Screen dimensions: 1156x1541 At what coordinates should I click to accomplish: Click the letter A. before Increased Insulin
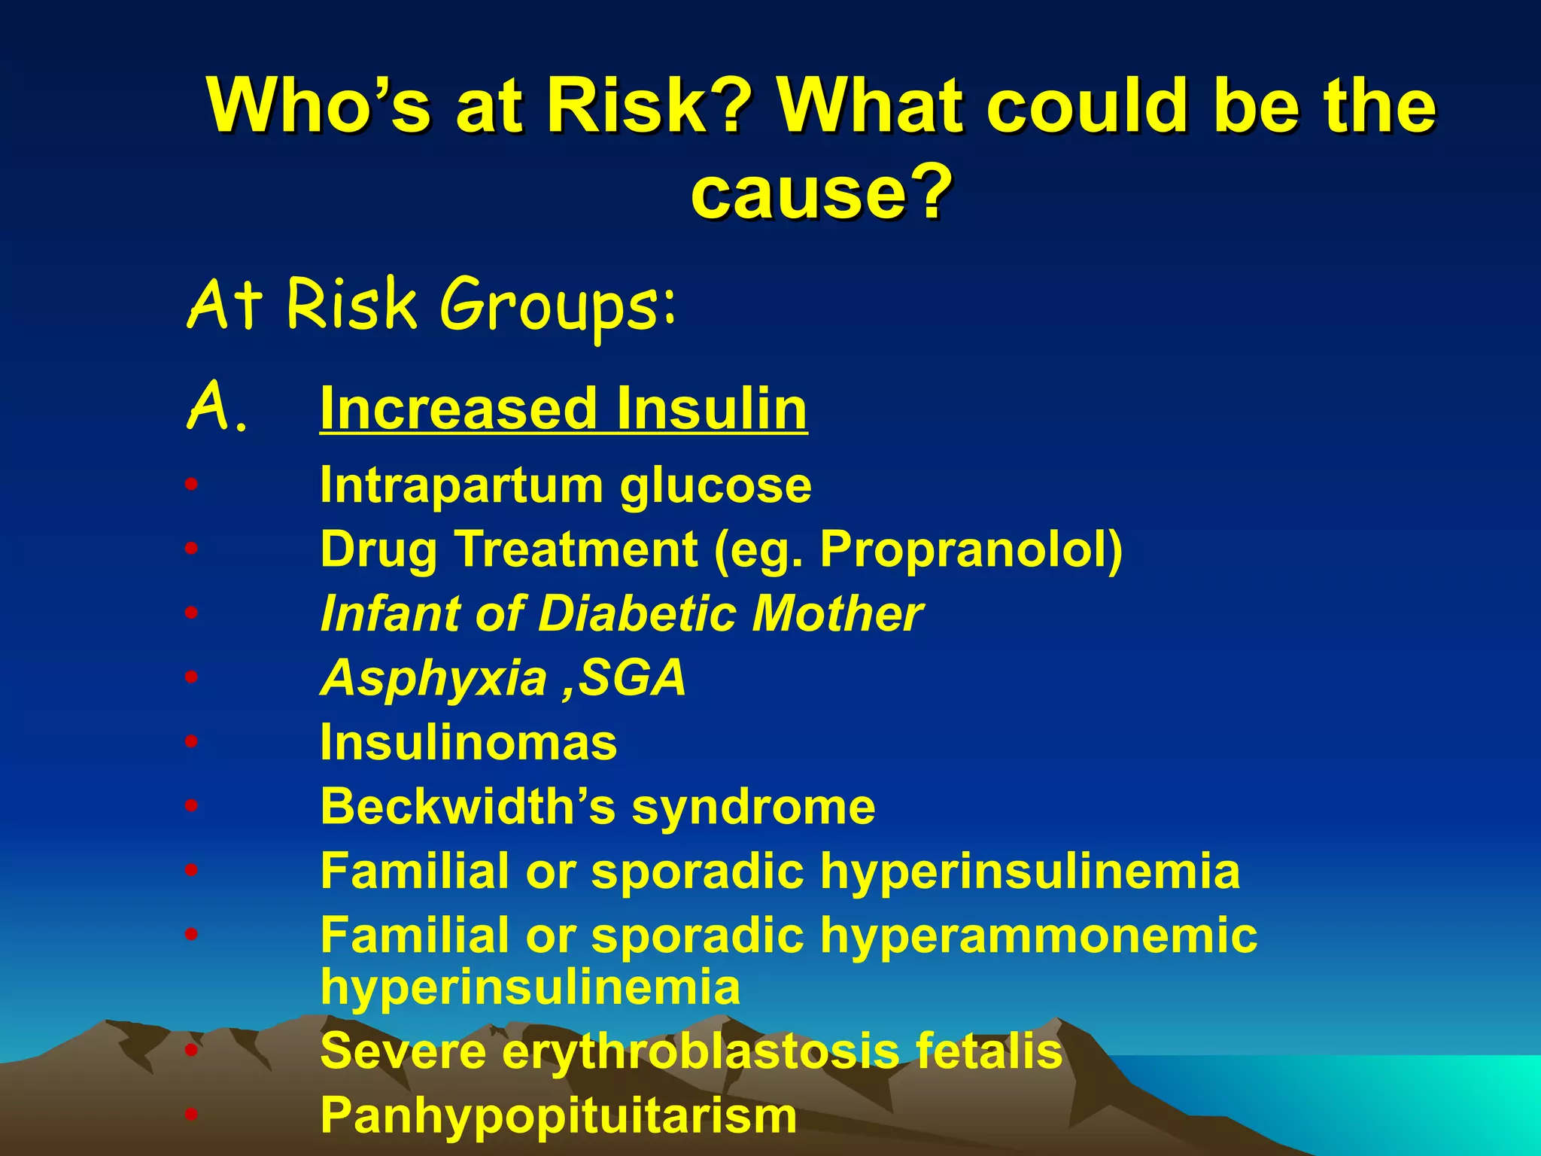pos(217,406)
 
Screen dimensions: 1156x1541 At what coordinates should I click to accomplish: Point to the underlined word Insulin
pos(711,409)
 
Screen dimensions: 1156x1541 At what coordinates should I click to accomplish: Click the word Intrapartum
pos(460,485)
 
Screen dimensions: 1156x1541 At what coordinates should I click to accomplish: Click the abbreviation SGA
pos(632,678)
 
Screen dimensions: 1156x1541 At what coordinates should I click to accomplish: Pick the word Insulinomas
pos(468,743)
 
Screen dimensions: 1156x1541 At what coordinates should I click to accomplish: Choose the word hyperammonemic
pos(1038,935)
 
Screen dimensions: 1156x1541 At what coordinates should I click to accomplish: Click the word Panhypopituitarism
pos(558,1115)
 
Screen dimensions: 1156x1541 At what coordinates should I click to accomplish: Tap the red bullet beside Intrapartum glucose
pos(192,485)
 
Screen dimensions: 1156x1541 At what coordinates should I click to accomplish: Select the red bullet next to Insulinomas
pos(192,742)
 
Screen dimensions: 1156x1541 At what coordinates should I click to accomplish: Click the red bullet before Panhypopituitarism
pos(192,1115)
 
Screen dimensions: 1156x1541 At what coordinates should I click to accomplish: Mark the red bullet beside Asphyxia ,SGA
pos(192,677)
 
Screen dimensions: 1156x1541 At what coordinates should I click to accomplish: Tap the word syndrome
pos(753,807)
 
